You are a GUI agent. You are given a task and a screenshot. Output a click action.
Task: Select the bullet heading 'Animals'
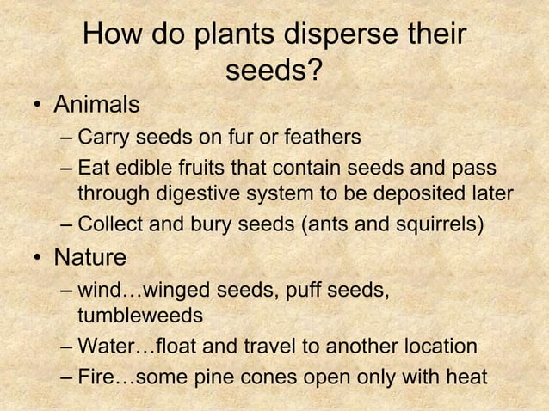[x=96, y=105]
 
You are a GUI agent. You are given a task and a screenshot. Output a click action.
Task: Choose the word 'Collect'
[x=109, y=226]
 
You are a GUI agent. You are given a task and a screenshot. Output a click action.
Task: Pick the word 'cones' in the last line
[x=274, y=377]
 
